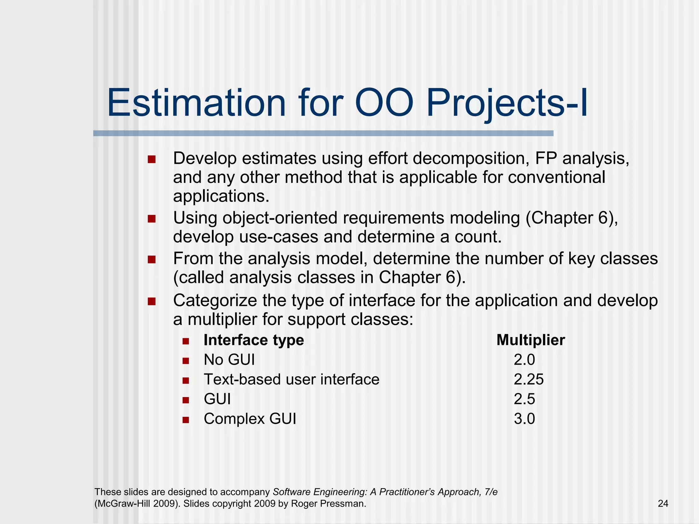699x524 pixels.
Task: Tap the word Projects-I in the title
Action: click(x=507, y=103)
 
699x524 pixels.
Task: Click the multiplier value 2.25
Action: click(x=528, y=379)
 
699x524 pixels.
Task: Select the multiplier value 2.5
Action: click(x=524, y=399)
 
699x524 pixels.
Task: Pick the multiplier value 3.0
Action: click(x=524, y=419)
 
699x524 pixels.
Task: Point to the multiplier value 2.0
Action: click(x=524, y=360)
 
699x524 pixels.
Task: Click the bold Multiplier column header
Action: click(x=531, y=340)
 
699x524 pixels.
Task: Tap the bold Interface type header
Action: click(x=254, y=340)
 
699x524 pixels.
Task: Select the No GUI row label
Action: click(x=229, y=360)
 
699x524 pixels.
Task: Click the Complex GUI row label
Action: click(x=250, y=419)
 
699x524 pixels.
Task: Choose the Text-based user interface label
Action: click(x=291, y=379)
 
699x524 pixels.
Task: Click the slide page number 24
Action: click(x=663, y=504)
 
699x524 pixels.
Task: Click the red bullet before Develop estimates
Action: click(x=152, y=159)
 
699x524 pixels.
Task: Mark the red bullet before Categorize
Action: click(x=152, y=302)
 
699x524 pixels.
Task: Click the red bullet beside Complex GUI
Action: click(x=186, y=420)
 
